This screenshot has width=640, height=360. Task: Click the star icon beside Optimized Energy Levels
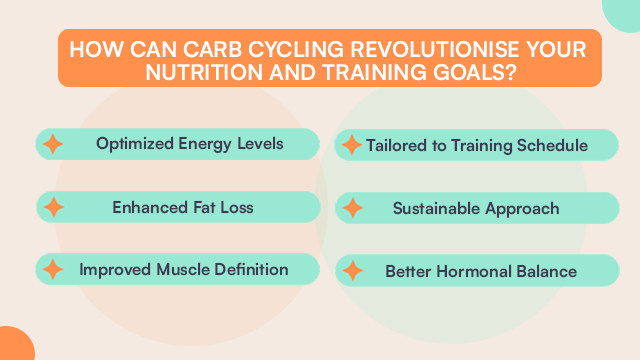[53, 144]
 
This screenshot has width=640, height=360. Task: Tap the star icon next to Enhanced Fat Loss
[53, 208]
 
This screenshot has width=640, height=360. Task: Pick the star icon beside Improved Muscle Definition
[53, 270]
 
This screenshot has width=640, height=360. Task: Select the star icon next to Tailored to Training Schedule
[351, 146]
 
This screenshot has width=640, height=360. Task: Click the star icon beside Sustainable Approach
[351, 208]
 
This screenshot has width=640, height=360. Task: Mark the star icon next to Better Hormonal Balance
[351, 270]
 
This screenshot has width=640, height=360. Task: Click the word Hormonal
[474, 270]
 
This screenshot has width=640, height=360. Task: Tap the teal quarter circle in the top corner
[625, 12]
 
